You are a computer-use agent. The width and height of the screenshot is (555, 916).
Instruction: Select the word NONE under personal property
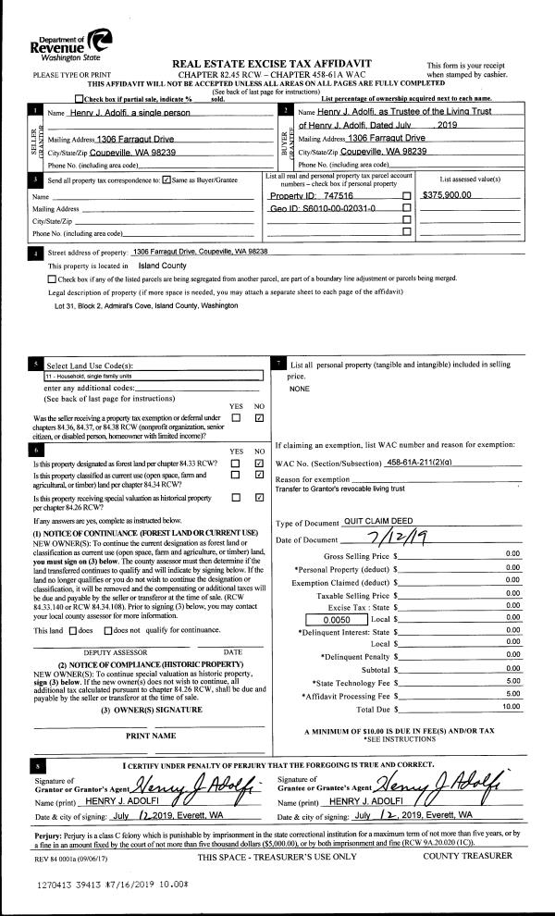299,390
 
